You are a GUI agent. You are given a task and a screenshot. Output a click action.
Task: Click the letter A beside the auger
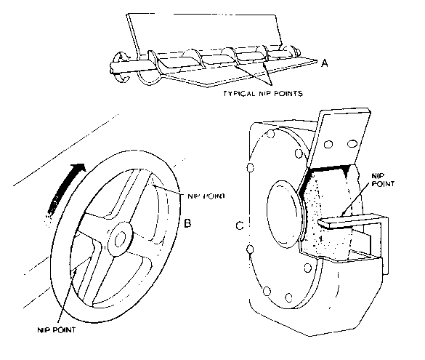click(x=325, y=63)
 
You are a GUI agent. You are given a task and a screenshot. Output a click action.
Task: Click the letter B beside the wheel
click(x=187, y=223)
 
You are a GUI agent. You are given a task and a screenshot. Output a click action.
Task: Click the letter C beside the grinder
click(x=240, y=225)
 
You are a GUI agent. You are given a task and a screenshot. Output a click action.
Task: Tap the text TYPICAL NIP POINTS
click(x=263, y=94)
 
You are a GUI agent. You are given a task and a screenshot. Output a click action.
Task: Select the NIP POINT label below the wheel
click(x=57, y=330)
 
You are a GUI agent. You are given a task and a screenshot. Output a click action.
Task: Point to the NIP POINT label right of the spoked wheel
click(x=206, y=196)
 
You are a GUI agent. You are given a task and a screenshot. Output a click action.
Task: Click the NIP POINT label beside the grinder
click(x=382, y=180)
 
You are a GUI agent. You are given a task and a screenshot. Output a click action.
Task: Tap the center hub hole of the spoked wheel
click(x=119, y=239)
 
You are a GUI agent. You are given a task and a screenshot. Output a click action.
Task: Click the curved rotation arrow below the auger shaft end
click(x=122, y=77)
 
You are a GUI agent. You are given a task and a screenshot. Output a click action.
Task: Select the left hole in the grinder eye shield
click(x=328, y=144)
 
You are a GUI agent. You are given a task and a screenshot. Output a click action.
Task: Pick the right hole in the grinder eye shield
click(x=352, y=143)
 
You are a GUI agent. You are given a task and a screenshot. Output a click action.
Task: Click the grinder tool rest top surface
click(x=352, y=220)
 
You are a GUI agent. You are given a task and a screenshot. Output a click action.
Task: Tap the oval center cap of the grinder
click(x=285, y=214)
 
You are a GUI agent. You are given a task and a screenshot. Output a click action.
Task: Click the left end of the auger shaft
click(x=111, y=68)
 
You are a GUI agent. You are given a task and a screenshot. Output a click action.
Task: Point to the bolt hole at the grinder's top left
click(x=270, y=134)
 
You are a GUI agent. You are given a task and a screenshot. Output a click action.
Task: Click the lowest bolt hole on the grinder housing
click(x=289, y=298)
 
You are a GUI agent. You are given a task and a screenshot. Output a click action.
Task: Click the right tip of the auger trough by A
click(x=317, y=61)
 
